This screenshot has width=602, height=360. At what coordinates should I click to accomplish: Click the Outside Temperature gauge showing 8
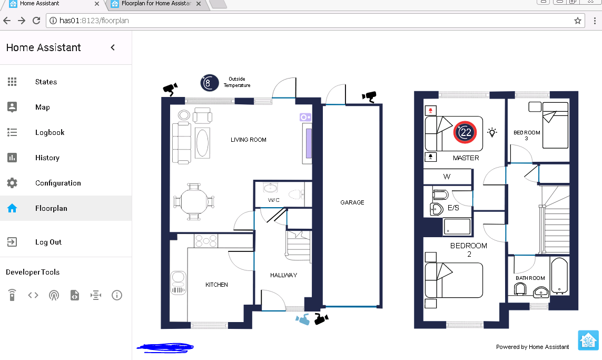(x=209, y=83)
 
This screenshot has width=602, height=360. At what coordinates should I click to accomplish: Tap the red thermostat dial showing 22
(x=465, y=132)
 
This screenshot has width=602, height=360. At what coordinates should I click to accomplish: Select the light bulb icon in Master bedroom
(x=492, y=132)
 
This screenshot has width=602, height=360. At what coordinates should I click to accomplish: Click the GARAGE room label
(x=352, y=202)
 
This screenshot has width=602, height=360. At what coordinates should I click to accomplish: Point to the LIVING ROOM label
(x=248, y=140)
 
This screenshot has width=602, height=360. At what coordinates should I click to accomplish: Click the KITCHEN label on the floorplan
(x=216, y=285)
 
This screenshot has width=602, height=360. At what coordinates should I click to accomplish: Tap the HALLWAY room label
(x=283, y=275)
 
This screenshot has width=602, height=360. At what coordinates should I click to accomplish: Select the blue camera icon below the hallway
(x=303, y=319)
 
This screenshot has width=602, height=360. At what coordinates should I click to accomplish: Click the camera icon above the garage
(x=369, y=96)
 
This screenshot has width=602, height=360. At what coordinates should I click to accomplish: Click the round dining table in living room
(x=194, y=201)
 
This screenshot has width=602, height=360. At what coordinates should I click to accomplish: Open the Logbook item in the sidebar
(x=50, y=132)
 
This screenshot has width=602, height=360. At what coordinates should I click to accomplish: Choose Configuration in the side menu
(x=58, y=183)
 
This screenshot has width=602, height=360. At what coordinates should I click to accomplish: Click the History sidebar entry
(x=47, y=158)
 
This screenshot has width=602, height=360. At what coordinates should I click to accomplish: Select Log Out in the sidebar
(x=48, y=242)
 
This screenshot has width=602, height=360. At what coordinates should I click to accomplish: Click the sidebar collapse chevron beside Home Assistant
(x=113, y=47)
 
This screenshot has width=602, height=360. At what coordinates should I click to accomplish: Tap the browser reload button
(x=36, y=21)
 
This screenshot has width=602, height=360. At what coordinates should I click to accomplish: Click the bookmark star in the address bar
(x=578, y=21)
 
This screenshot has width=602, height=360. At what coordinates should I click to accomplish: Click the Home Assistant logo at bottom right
(x=588, y=340)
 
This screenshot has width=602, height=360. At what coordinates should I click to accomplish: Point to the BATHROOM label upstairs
(x=530, y=278)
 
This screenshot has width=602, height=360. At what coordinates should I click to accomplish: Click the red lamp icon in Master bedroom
(x=431, y=111)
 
